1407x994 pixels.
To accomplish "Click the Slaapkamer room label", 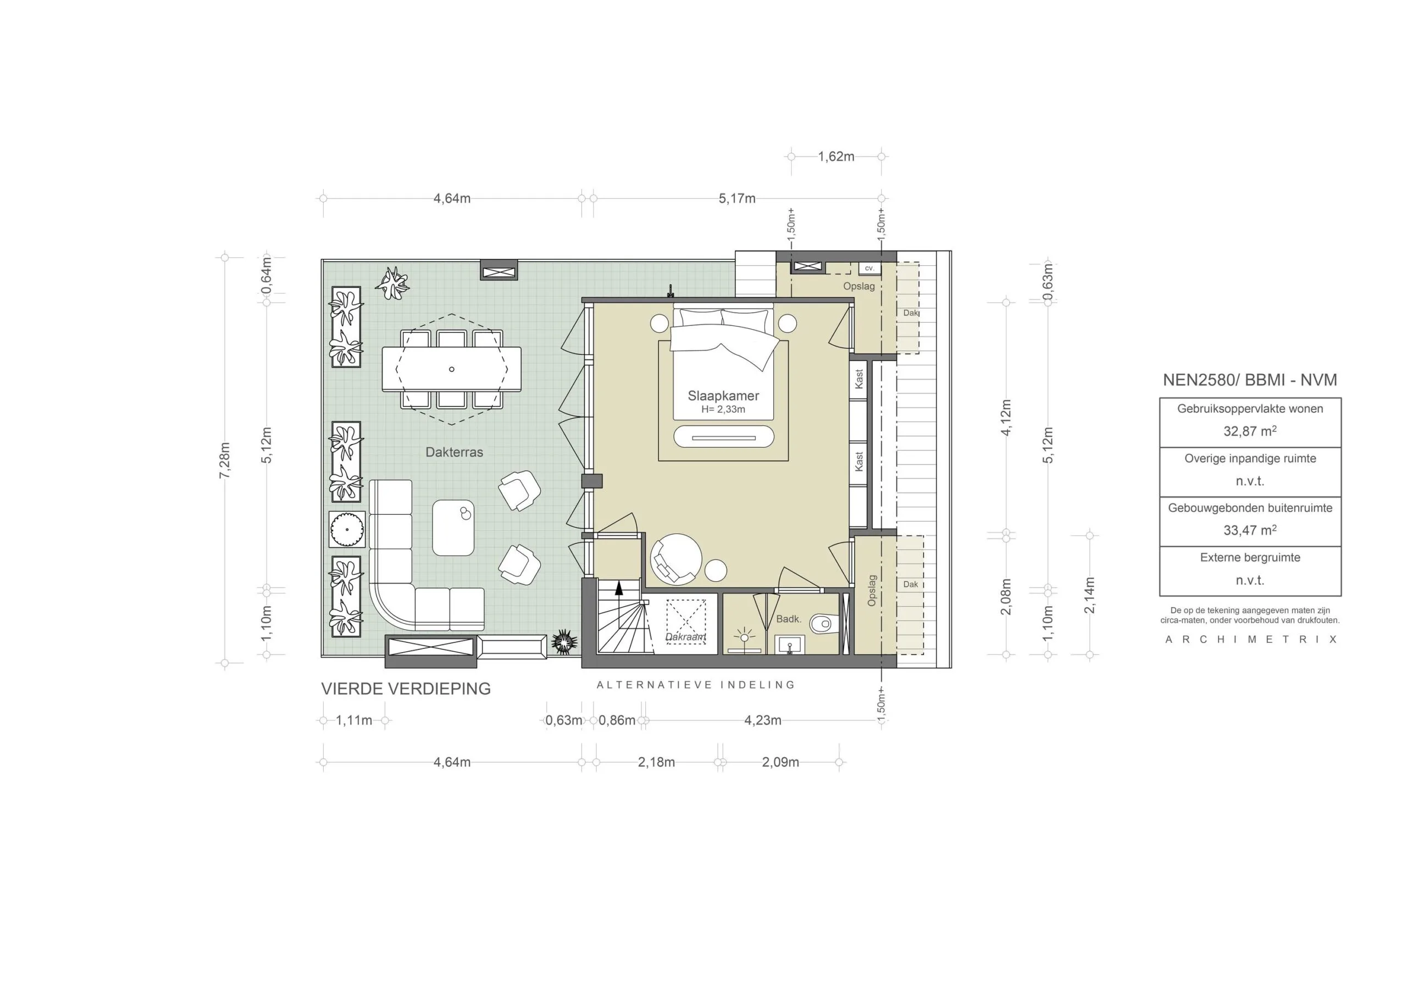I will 723,396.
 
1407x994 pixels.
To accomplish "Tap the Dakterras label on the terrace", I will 454,452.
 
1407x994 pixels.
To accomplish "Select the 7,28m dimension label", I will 225,460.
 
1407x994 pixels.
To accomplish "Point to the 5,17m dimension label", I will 736,198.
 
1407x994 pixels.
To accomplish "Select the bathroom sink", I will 790,645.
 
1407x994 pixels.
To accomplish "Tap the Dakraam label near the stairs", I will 686,637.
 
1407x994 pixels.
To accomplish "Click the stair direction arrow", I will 618,588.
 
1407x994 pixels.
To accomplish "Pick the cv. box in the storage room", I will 869,268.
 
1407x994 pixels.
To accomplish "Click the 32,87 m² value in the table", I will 1249,431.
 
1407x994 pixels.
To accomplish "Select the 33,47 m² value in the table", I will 1249,530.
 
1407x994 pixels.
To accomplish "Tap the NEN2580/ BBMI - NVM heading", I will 1249,380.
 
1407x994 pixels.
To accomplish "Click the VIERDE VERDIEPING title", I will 406,689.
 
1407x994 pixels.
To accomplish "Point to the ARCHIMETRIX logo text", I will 1251,640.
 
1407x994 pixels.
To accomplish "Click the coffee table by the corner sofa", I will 453,527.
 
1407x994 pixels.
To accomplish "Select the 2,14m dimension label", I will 1089,595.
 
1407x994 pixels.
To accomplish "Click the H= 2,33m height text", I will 723,409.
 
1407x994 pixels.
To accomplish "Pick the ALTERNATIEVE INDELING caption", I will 696,685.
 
